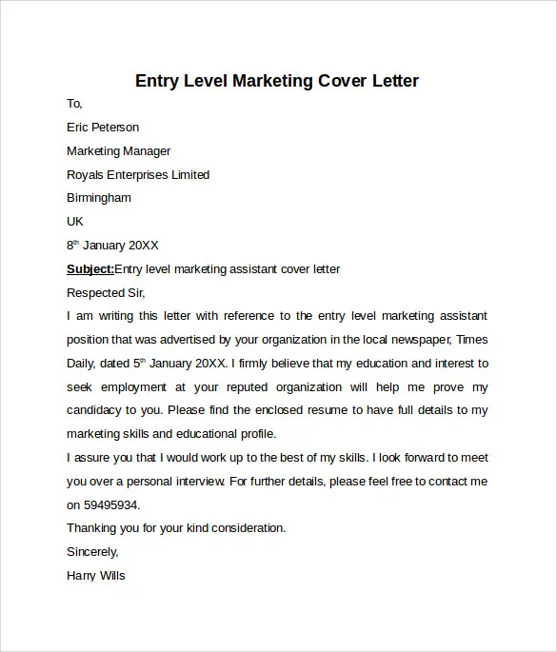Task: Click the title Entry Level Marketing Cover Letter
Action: (277, 80)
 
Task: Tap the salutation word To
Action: (74, 104)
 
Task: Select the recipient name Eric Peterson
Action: (103, 128)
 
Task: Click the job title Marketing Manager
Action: (119, 151)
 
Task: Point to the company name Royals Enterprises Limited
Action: (138, 175)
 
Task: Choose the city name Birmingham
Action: (99, 198)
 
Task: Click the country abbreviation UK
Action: (75, 221)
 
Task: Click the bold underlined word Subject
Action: (90, 269)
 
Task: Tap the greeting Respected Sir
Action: (106, 292)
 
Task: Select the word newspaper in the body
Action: (414, 339)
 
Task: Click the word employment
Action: (135, 387)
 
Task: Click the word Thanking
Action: (93, 528)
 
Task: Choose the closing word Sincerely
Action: (92, 552)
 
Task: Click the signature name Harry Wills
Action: (96, 576)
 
